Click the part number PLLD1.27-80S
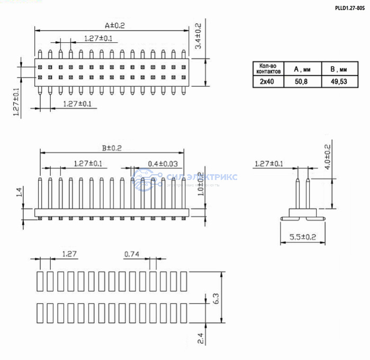(350, 8)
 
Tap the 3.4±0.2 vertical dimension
(198, 36)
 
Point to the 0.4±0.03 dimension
(163, 164)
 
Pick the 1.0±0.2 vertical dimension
(200, 183)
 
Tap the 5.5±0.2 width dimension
(302, 237)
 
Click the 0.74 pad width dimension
(132, 254)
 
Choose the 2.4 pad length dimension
(201, 338)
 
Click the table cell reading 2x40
(267, 82)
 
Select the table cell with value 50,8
(301, 82)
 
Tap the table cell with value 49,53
(338, 82)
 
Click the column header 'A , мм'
(301, 69)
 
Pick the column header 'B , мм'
(338, 69)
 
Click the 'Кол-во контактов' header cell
(267, 69)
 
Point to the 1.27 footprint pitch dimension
(70, 254)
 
